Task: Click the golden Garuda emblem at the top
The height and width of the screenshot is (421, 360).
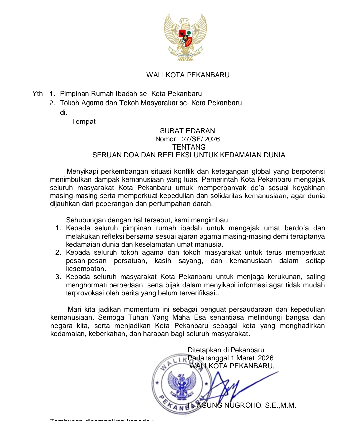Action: point(185,37)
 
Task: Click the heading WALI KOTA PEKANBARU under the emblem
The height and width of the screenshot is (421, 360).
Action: point(188,75)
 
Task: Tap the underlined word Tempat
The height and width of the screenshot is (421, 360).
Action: point(83,122)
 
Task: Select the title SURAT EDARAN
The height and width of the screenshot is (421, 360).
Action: point(187,131)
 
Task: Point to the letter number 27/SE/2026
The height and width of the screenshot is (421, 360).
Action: point(201,139)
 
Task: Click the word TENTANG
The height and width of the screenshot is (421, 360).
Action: point(189,147)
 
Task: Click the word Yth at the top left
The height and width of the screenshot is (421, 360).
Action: point(38,94)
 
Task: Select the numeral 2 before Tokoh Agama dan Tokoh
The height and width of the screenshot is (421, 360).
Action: point(52,103)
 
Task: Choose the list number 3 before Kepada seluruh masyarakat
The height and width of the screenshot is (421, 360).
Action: point(58,277)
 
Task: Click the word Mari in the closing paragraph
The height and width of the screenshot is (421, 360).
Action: point(74,309)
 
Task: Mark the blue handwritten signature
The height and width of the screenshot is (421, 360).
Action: point(230,387)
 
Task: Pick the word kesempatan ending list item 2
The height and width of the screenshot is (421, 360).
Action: point(86,269)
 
